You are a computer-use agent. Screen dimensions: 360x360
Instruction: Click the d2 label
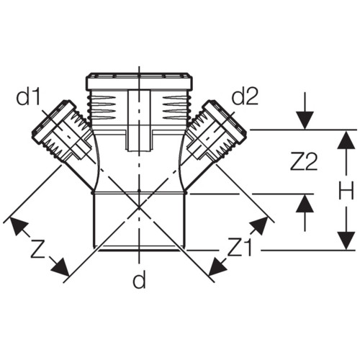245,96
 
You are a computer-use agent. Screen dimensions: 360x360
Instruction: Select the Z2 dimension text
304,161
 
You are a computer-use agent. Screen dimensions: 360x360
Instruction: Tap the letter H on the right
346,190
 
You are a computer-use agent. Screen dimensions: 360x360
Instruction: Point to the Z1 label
240,246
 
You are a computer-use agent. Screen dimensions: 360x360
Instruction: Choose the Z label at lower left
38,249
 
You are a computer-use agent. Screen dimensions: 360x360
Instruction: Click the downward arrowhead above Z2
305,120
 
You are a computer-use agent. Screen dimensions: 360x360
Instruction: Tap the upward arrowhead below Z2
305,203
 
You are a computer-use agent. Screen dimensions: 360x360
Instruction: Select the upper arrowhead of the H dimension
346,140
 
